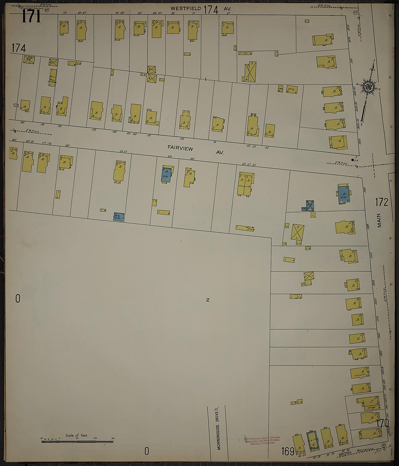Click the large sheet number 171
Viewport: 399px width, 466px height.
click(31, 17)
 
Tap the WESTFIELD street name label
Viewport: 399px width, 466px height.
click(186, 9)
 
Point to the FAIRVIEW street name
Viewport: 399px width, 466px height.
click(180, 148)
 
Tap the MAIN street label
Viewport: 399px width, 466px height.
click(379, 220)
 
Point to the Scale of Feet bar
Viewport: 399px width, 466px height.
click(77, 442)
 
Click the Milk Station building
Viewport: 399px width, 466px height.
click(53, 77)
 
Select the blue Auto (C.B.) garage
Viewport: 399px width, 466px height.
click(119, 217)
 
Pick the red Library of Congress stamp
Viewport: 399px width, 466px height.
click(262, 440)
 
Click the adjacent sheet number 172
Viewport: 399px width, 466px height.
click(382, 202)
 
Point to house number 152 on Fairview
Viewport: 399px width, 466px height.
click(94, 130)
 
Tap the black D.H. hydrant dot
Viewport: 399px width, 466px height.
click(353, 160)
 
